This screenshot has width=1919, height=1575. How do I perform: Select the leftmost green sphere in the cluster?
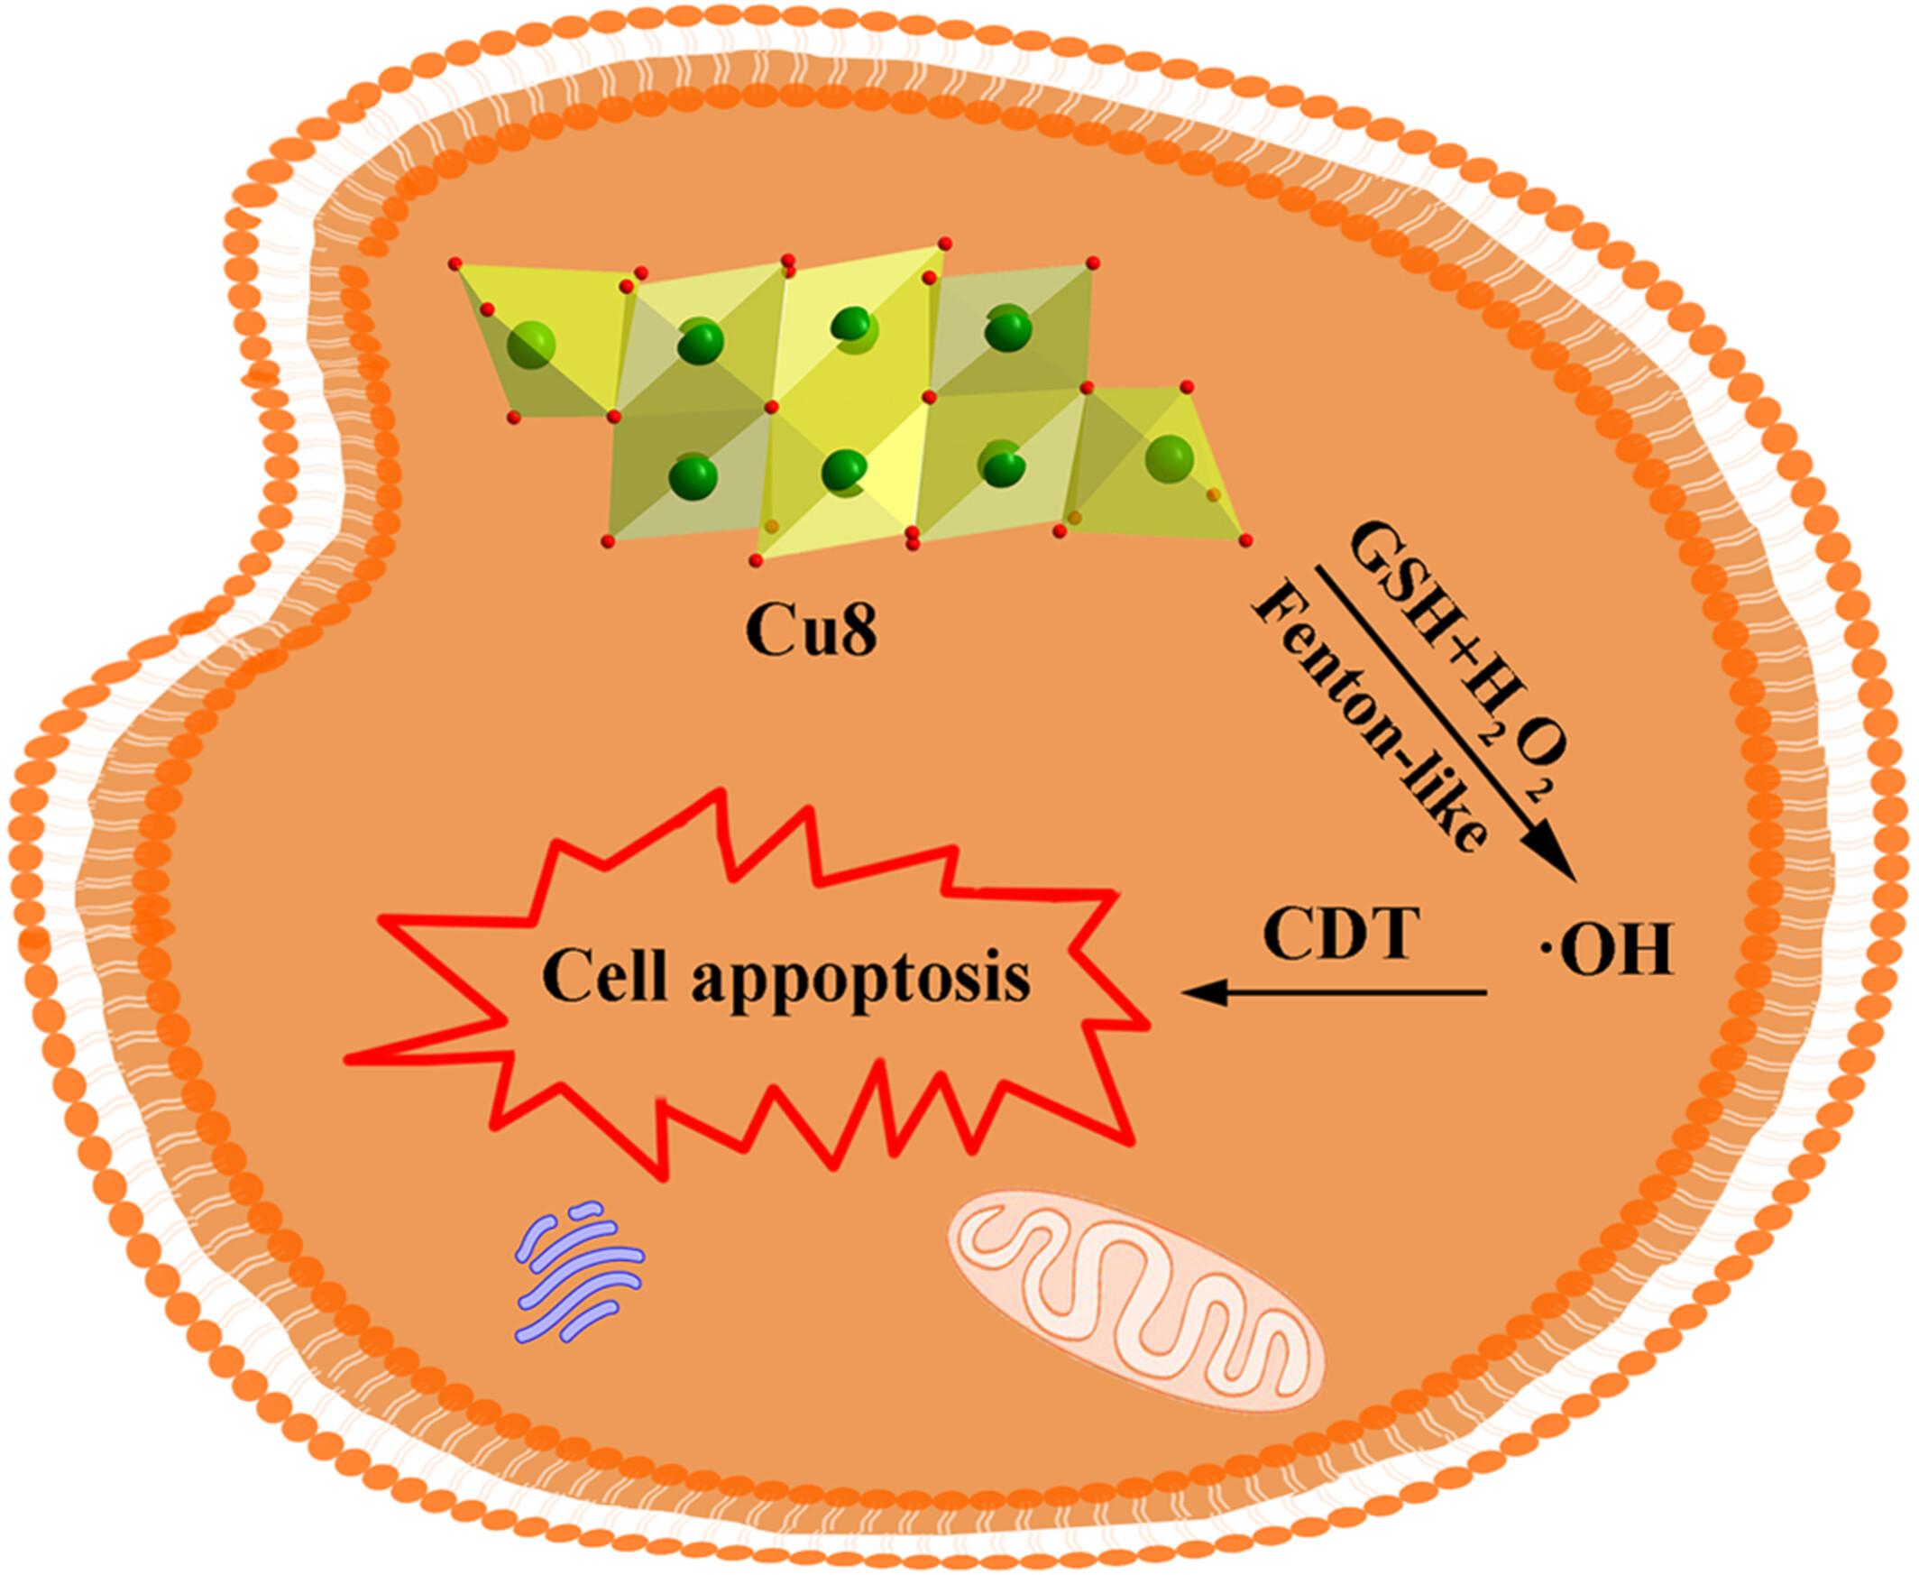point(530,345)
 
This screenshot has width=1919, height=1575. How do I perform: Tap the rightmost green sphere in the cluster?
point(1169,456)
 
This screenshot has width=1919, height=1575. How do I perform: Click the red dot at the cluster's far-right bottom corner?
point(1246,541)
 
